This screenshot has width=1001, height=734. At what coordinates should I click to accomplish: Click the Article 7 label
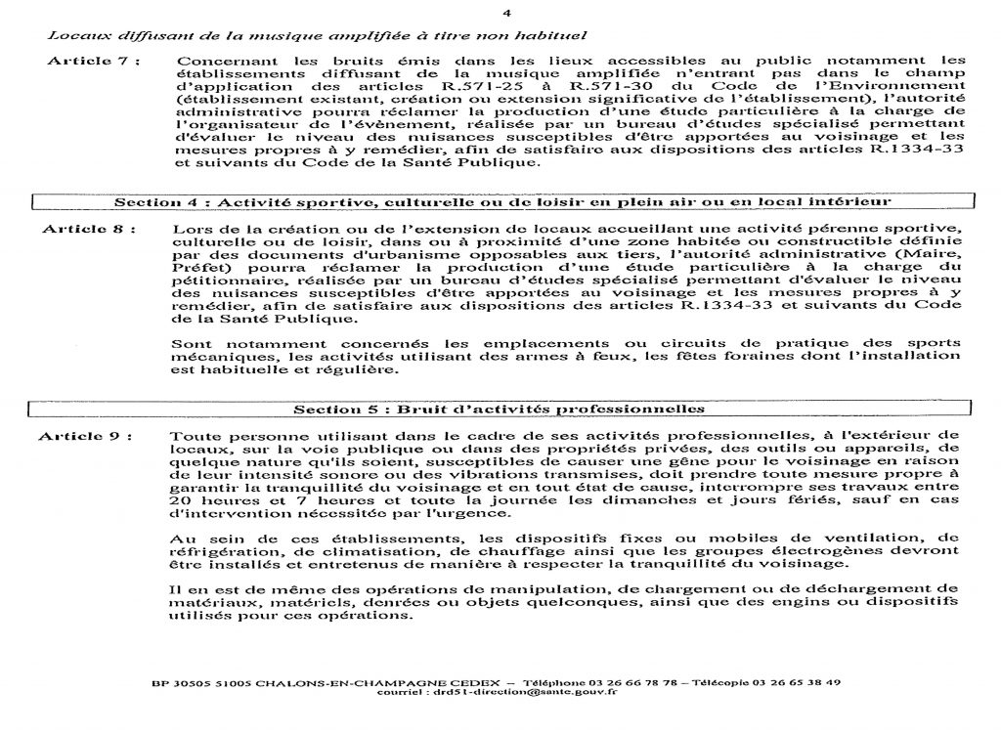(x=94, y=61)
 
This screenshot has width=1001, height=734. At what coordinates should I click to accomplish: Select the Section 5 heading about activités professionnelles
(x=501, y=408)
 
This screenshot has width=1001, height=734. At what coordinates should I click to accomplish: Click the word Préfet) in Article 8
(x=197, y=265)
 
